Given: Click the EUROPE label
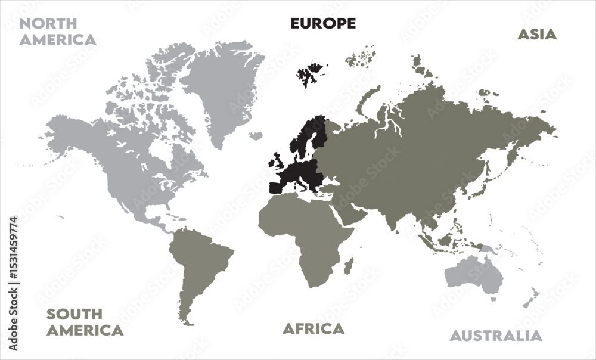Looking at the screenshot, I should (x=323, y=23).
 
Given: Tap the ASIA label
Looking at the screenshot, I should (x=536, y=34).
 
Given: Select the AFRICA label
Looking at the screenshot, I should (x=313, y=328).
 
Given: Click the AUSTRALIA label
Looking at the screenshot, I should (x=496, y=336).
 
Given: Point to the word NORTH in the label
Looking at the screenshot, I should (x=48, y=24).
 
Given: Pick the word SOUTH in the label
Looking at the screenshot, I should (x=74, y=314).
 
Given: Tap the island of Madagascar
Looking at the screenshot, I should (x=349, y=265).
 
